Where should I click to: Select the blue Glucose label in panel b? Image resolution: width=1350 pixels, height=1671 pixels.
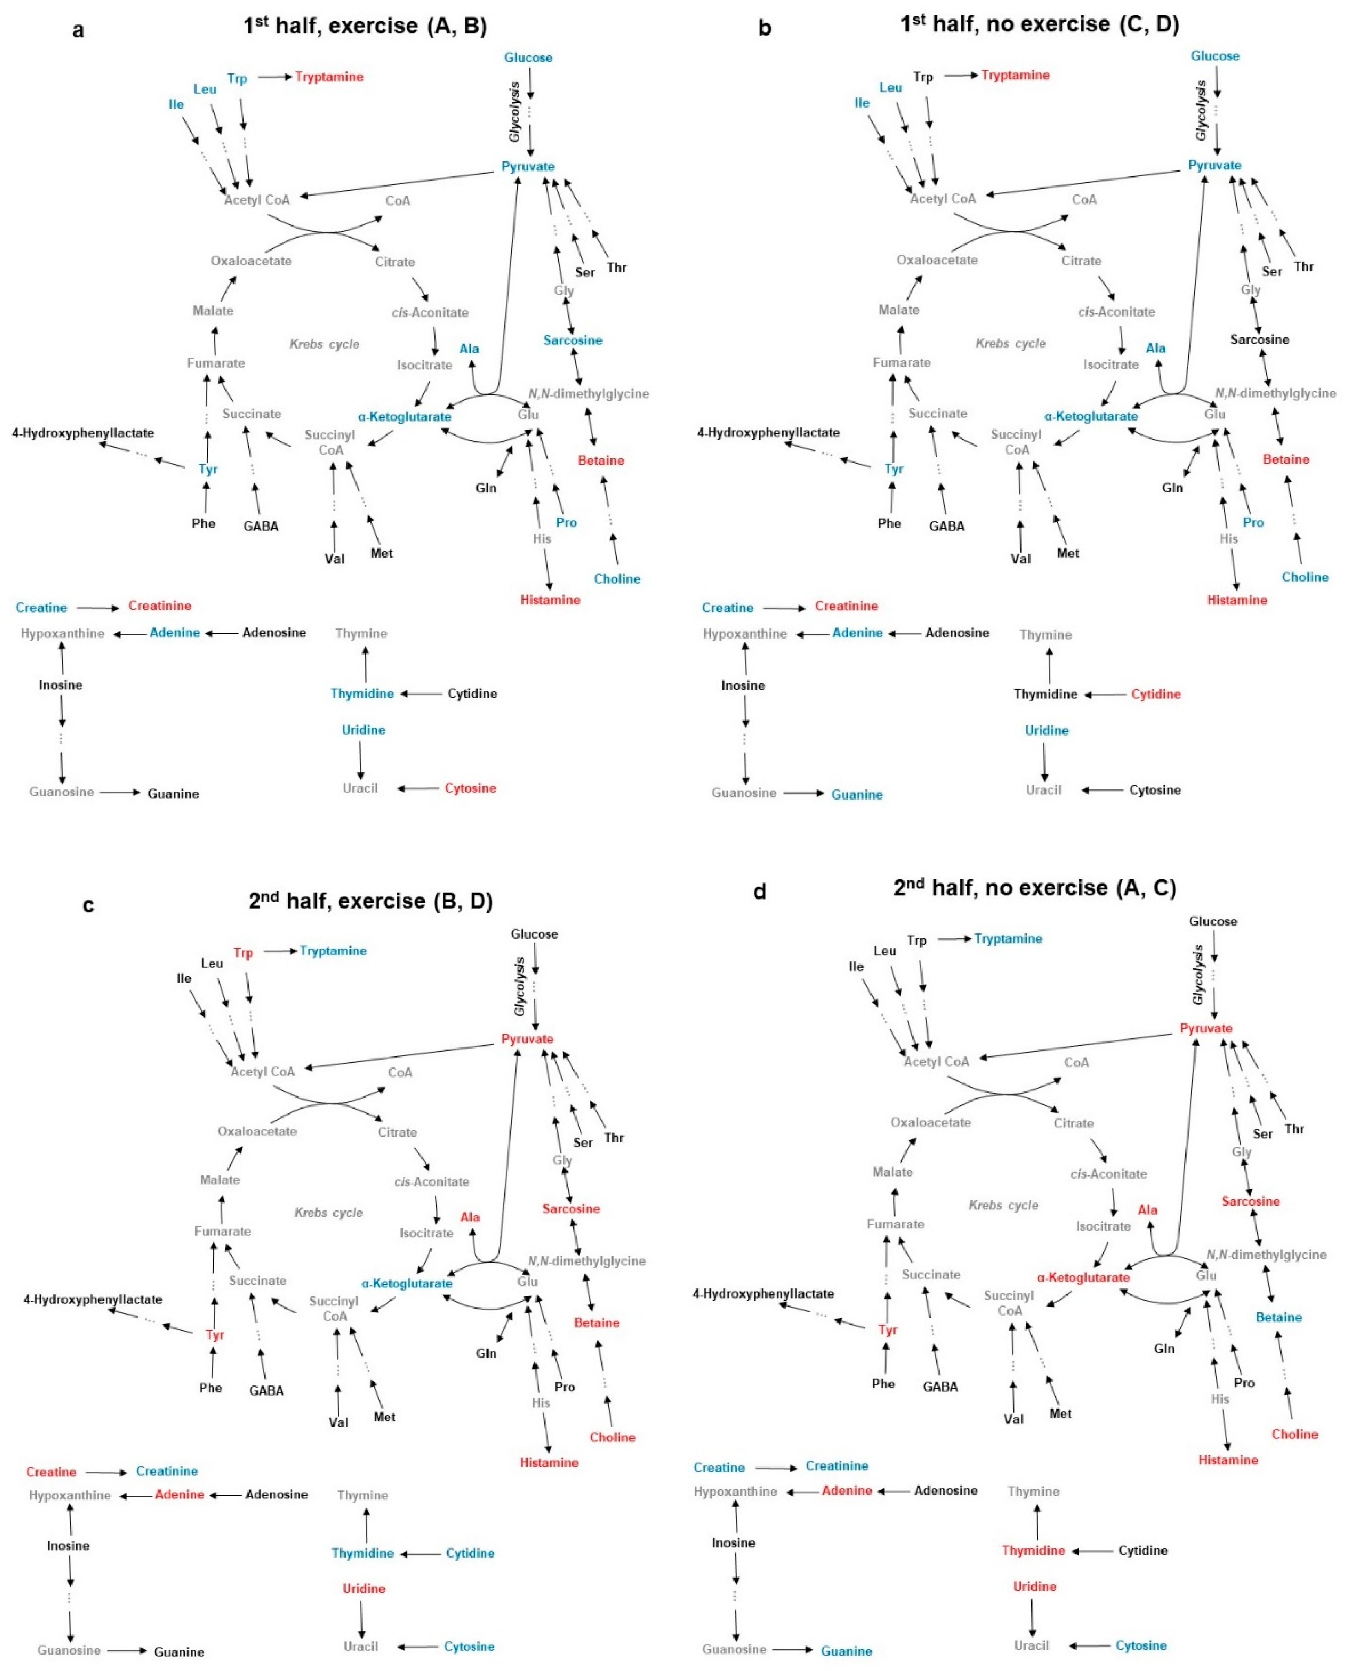click(x=1215, y=56)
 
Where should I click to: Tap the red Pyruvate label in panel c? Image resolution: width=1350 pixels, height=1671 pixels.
click(x=527, y=1039)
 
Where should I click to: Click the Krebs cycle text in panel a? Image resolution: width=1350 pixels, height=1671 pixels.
click(x=324, y=344)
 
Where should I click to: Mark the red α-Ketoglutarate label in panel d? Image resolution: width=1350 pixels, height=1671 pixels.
click(x=1083, y=1278)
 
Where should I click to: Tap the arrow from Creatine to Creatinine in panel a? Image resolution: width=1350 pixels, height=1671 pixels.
click(x=98, y=607)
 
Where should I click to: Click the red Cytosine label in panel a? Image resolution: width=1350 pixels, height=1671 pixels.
click(x=471, y=789)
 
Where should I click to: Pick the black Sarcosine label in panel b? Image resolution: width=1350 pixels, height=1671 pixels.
click(x=1260, y=340)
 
